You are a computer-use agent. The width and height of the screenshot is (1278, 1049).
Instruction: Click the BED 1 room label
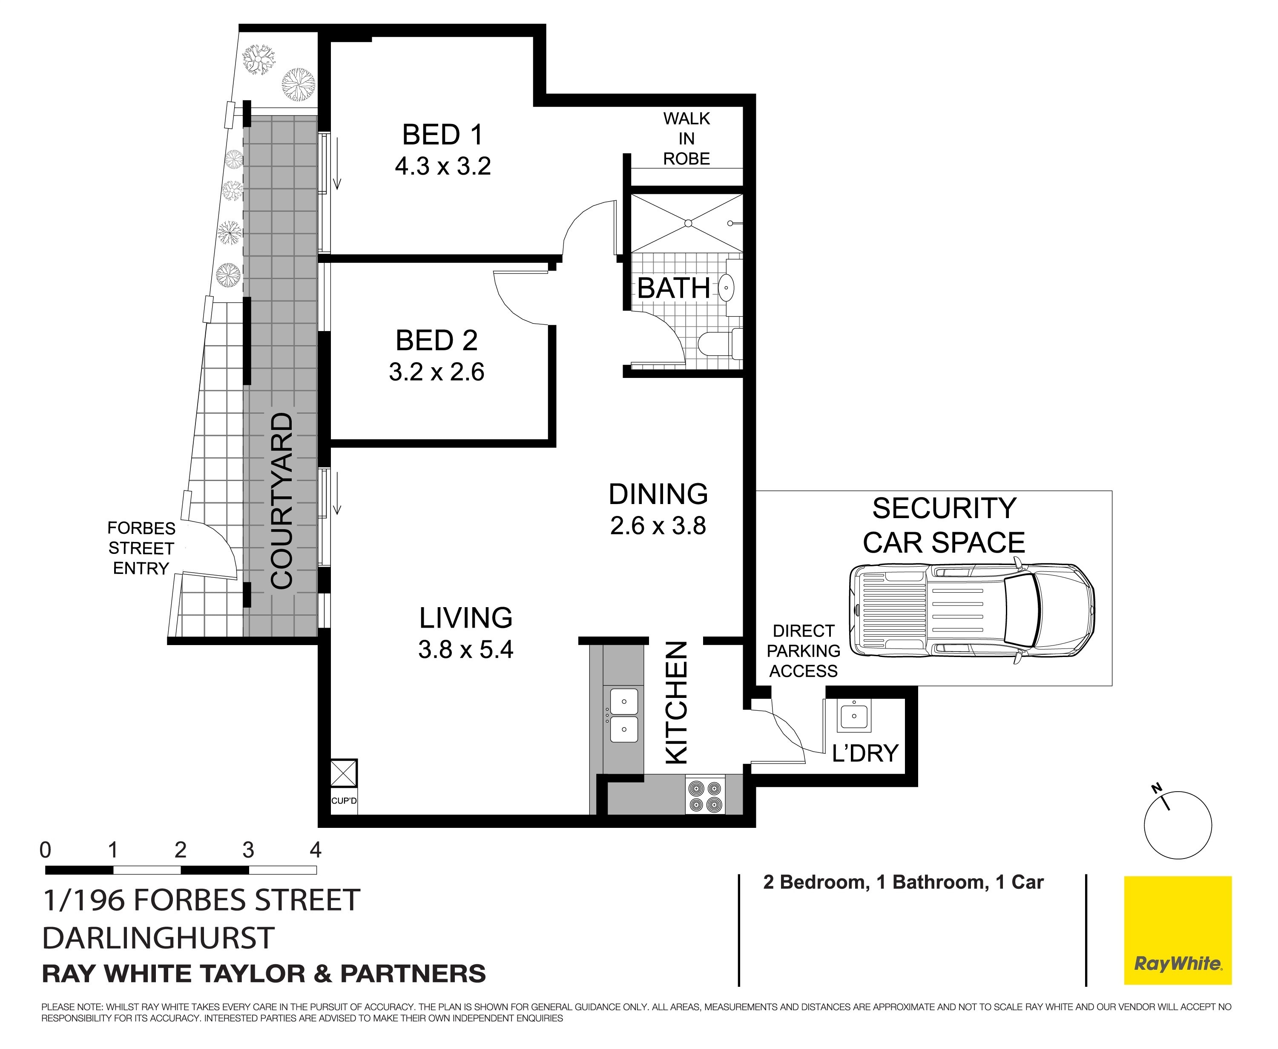443,135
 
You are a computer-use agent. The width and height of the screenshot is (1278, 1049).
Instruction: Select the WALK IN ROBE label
687,138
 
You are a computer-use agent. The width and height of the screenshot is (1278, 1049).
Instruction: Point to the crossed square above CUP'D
344,773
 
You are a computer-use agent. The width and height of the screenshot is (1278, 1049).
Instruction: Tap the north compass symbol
1178,825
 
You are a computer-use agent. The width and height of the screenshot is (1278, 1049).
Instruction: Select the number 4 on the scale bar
315,850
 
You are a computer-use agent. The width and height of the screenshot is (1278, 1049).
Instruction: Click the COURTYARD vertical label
281,501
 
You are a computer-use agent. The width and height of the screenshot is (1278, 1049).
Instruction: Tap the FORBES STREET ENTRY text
141,548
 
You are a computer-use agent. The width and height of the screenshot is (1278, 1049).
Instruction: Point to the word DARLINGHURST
159,938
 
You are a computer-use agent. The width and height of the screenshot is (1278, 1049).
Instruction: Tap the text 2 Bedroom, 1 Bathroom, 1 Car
904,883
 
